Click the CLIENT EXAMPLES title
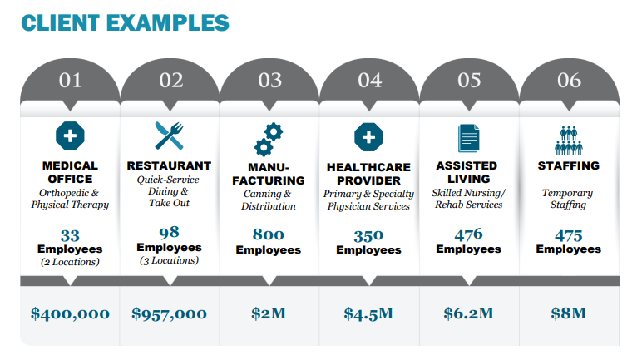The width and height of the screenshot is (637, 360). coord(124,22)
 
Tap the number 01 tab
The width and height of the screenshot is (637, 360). coord(71,81)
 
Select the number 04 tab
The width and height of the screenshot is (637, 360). coord(369,81)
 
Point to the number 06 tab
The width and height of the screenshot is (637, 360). coord(569,81)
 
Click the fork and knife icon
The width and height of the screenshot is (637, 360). coord(169,136)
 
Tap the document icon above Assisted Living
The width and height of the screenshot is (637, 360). coord(469,136)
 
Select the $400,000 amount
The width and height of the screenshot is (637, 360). coord(70,313)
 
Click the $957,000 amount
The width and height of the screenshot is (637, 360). coord(169,313)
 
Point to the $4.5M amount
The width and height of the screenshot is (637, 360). coord(368,313)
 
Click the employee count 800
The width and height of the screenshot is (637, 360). coord(269,234)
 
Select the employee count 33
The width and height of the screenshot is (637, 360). coord(70,234)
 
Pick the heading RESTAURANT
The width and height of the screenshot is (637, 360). coord(169,165)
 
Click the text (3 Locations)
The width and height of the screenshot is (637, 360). coord(169,260)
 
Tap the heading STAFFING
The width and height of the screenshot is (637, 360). coord(569,165)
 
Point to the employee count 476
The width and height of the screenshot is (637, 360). coord(468,234)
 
